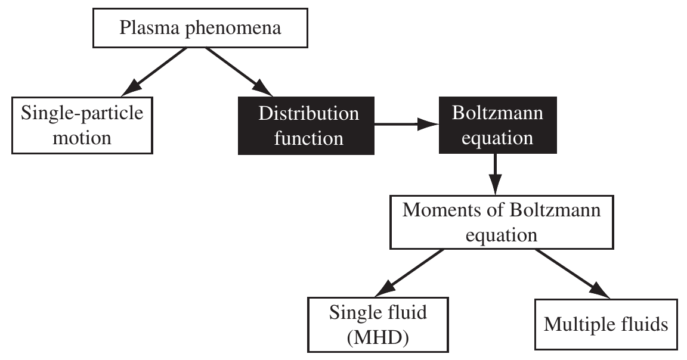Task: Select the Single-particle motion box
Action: (x=82, y=126)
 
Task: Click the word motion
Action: (x=82, y=138)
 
